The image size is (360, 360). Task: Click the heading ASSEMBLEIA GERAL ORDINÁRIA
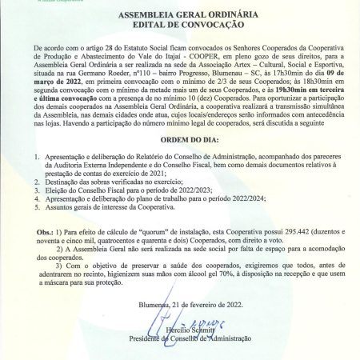179,14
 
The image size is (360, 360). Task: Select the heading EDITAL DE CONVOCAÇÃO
179,25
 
